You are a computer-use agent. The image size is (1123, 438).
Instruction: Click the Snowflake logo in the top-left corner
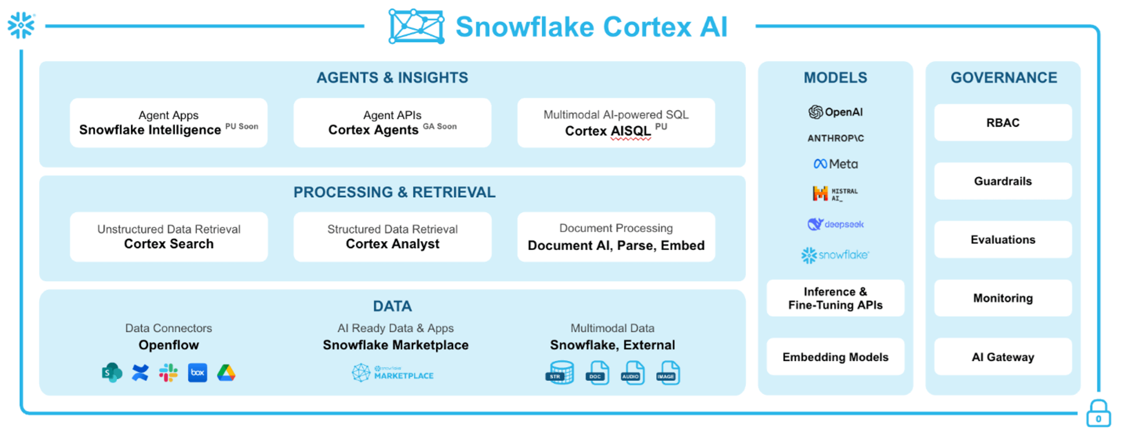coord(21,25)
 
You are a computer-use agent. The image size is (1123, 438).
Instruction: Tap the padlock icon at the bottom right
coord(1098,413)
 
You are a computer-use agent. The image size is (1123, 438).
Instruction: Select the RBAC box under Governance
coord(1003,123)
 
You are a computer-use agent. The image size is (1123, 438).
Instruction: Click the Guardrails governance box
coord(1003,181)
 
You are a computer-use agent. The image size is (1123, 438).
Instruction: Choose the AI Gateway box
coord(1003,357)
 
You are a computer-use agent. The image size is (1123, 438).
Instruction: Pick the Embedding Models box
coord(835,357)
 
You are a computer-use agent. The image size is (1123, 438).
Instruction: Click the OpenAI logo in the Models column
coord(835,112)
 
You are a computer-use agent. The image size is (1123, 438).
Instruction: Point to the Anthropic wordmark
coord(835,139)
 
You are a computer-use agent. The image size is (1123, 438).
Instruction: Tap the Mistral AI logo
coord(835,193)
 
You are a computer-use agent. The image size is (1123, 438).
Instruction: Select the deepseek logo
coord(835,224)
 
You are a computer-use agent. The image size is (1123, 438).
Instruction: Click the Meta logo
coord(835,164)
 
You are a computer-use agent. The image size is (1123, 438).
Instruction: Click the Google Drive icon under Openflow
coord(226,373)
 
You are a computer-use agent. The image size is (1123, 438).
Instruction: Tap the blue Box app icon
coord(197,373)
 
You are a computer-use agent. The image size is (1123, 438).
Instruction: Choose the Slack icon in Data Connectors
coord(168,373)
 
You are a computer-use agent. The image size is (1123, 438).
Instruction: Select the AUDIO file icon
coord(632,373)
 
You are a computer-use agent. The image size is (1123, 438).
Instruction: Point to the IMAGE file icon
coord(668,373)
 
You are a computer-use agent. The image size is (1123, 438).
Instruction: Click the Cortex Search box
coord(169,237)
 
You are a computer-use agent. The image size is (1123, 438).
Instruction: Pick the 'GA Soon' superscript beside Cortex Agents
coord(440,127)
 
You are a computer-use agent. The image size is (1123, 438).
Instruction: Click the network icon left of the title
coord(416,26)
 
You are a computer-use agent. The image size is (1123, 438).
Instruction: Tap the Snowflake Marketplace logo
coord(393,373)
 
